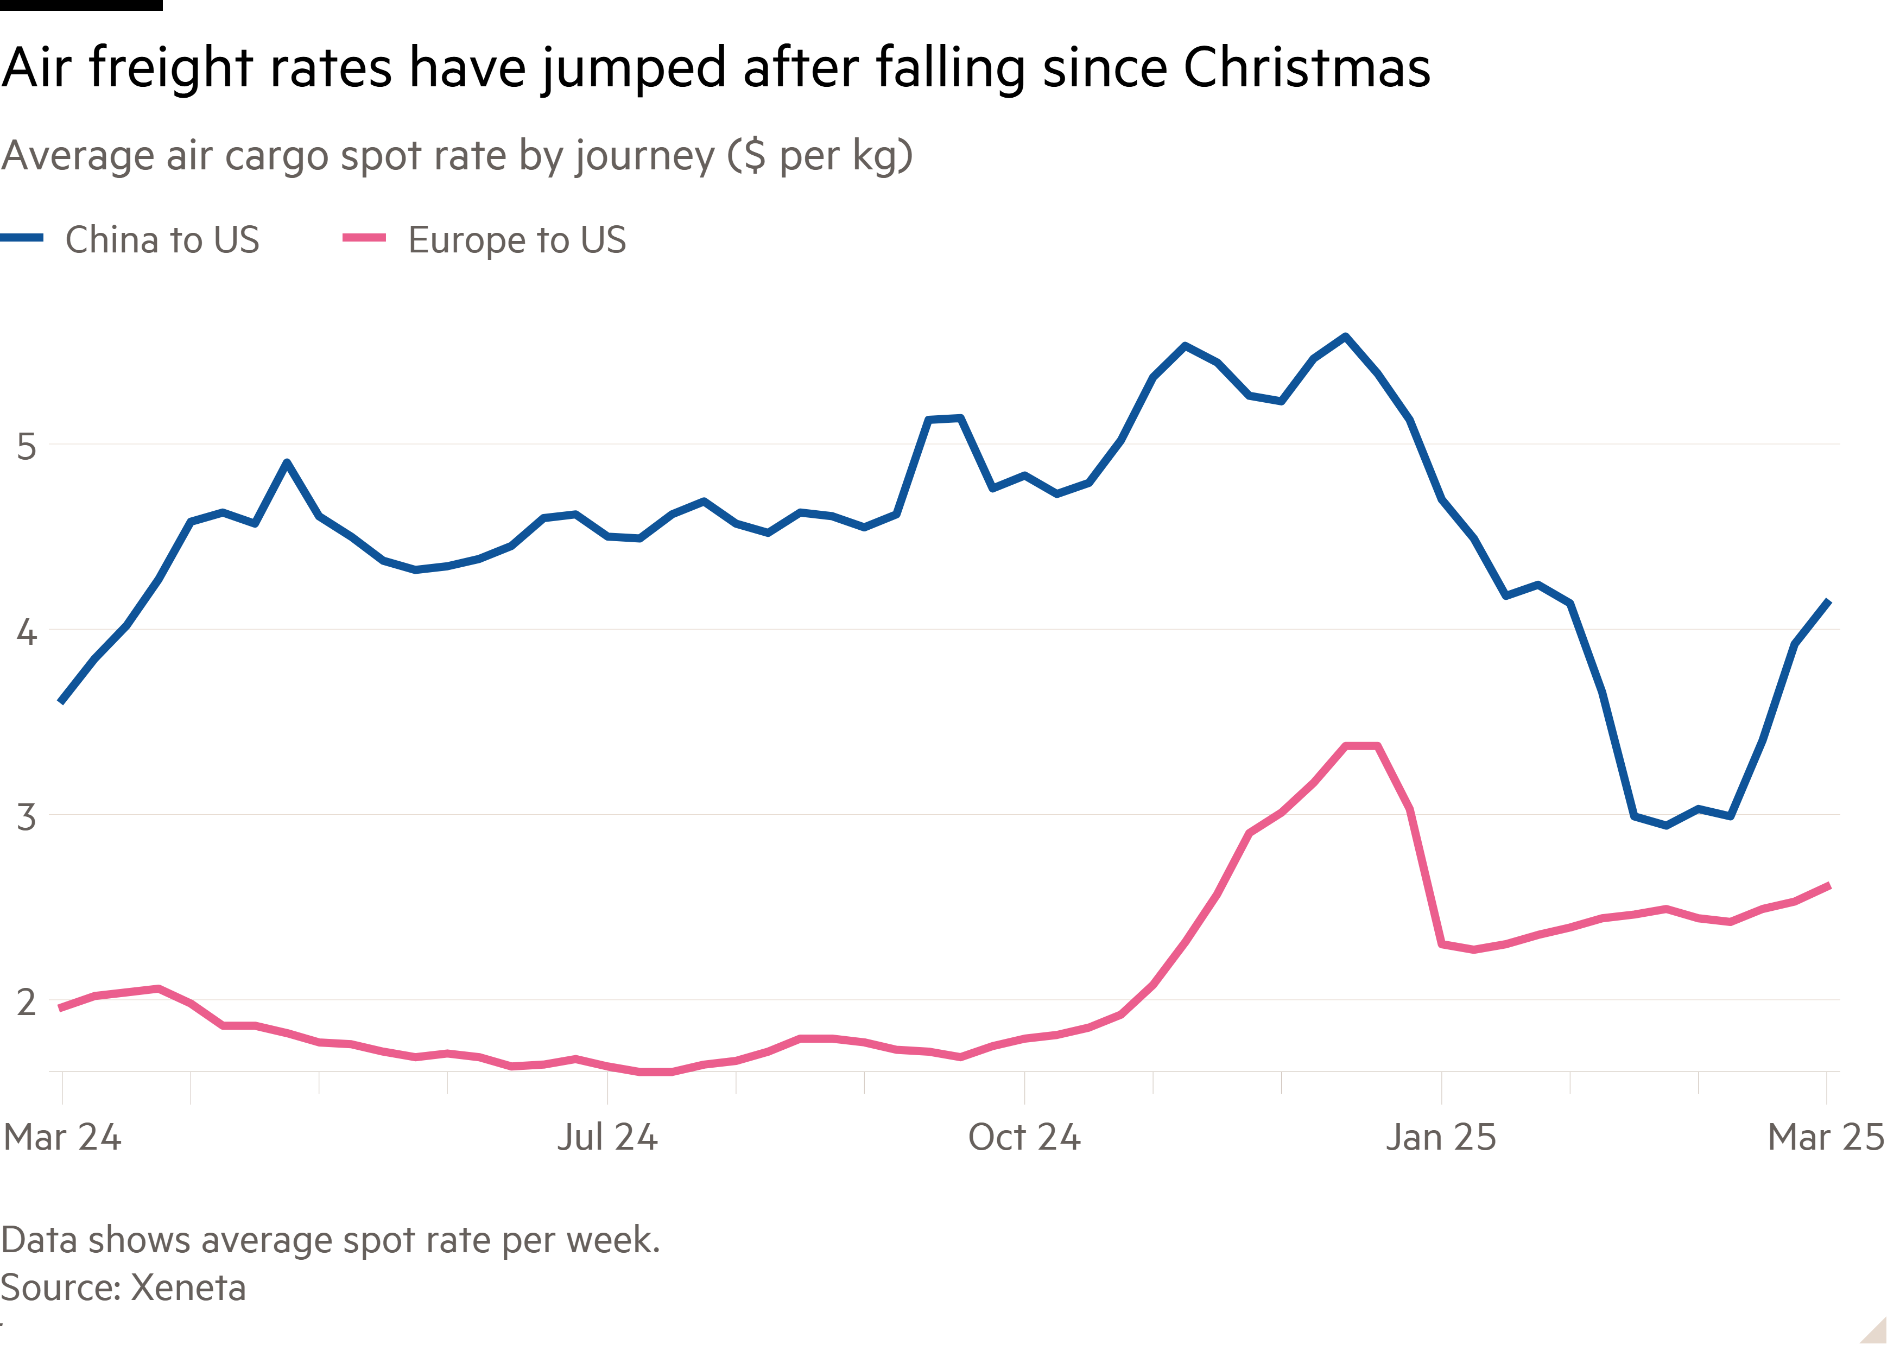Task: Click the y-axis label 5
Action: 27,448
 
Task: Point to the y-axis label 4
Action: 27,632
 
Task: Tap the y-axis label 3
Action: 27,818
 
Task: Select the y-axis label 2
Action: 27,1003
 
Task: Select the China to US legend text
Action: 162,240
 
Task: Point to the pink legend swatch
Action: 364,238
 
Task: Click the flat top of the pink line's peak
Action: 1361,745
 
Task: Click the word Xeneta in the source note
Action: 189,1288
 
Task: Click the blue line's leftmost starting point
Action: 60,702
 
